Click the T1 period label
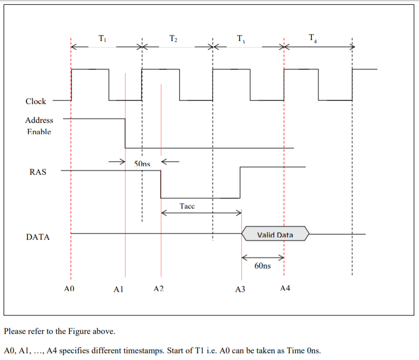pos(103,39)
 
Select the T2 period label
pos(173,39)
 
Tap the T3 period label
pos(241,39)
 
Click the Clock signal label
pos(36,101)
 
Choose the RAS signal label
pos(38,172)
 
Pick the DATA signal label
pos(38,237)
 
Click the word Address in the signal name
pos(39,120)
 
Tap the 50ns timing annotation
pos(142,164)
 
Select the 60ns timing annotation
pos(262,266)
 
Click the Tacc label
pos(187,206)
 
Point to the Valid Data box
pos(275,234)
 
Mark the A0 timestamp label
pos(69,288)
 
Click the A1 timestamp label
pos(119,289)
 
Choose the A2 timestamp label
pos(159,288)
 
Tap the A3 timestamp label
pos(240,289)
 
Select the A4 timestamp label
pos(285,288)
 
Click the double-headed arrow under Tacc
pos(201,213)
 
